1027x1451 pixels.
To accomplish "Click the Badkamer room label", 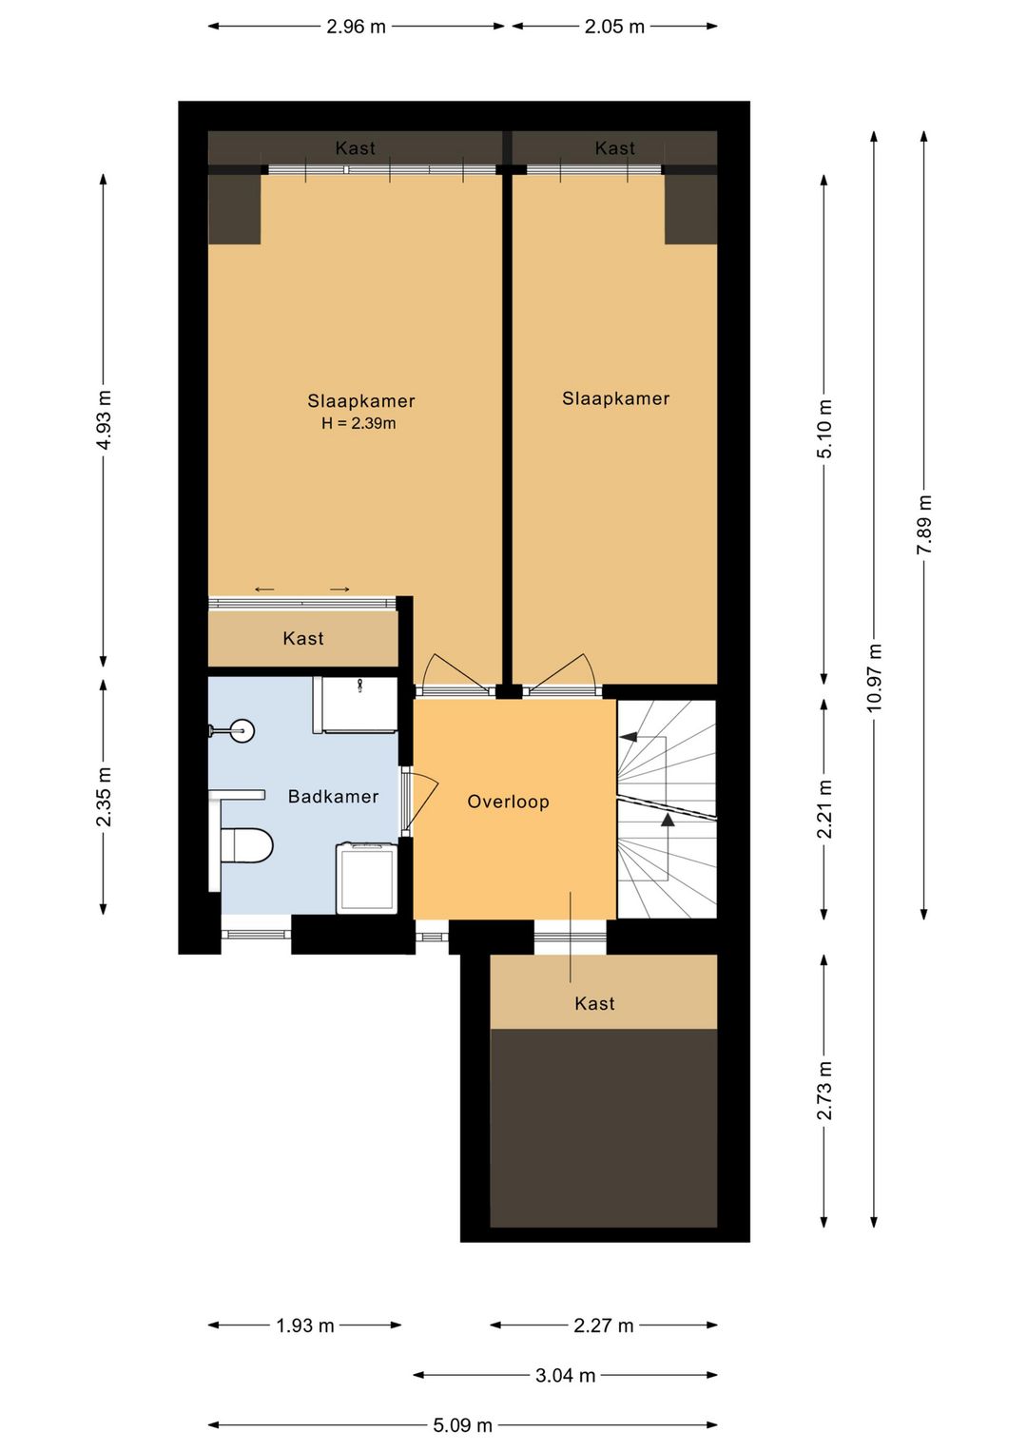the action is [333, 796].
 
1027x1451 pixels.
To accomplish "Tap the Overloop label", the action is [509, 802].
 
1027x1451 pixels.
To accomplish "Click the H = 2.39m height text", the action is [358, 424].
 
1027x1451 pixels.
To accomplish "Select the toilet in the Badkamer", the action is [247, 845].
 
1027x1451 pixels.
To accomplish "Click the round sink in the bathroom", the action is [241, 730].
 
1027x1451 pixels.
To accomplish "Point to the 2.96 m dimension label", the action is [356, 27].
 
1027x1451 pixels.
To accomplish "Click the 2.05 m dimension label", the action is [614, 27].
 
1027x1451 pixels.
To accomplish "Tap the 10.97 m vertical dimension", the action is [875, 677].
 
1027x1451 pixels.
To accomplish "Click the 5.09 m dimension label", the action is [463, 1425].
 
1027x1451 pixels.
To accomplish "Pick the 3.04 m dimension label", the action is [565, 1375].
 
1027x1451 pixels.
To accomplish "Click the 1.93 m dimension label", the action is [305, 1325].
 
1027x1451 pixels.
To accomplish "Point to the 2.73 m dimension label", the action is [824, 1091].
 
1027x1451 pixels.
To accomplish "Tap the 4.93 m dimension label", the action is [104, 420].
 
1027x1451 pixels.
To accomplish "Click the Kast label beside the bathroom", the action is [303, 639].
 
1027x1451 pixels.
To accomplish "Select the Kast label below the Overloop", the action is [594, 1003].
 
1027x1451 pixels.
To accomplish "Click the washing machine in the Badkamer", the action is [366, 877].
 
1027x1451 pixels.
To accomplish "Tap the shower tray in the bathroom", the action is [355, 705].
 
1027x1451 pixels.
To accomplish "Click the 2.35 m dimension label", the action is [104, 797].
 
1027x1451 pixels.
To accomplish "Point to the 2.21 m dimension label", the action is [824, 809].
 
